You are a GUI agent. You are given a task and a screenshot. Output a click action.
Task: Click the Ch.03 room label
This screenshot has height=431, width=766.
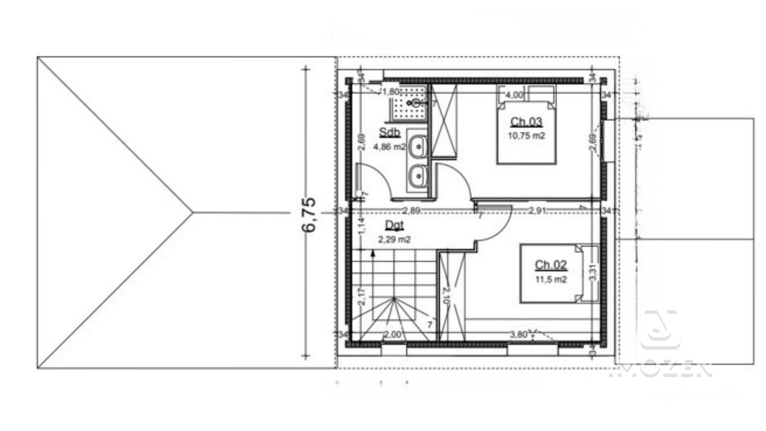[526, 122]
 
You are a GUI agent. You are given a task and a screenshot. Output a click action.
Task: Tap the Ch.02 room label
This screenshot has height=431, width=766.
[551, 265]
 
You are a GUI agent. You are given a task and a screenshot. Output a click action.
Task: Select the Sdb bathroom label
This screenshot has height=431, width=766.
[389, 132]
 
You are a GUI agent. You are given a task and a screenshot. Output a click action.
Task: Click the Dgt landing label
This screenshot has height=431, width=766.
[394, 225]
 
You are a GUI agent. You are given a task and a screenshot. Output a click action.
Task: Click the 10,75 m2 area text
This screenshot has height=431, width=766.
[526, 136]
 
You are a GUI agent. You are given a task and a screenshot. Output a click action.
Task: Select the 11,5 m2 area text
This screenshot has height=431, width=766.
[551, 279]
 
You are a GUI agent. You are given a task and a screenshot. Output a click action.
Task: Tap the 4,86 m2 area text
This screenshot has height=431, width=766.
[389, 147]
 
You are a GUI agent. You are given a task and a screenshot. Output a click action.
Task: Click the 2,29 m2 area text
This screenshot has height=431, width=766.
[394, 239]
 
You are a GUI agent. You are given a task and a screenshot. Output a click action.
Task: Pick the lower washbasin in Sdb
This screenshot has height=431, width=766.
[417, 176]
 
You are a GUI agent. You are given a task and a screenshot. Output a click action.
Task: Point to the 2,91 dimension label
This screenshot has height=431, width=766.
[537, 211]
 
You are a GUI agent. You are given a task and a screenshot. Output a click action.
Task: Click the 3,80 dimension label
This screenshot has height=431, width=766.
[518, 334]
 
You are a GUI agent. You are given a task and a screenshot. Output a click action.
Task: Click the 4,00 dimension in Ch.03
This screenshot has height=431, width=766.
[514, 95]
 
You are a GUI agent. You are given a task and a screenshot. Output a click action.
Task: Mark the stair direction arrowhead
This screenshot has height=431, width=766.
[373, 253]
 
